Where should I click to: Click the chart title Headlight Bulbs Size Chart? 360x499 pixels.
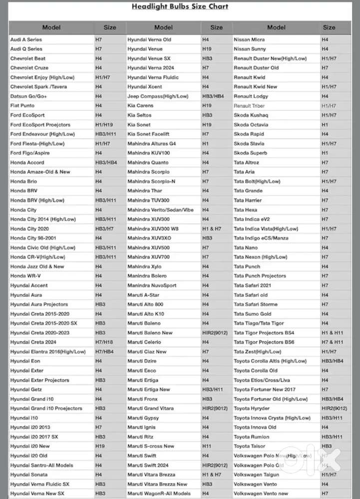pyautogui.click(x=180, y=6)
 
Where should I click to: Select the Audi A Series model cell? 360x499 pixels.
pyautogui.click(x=26, y=39)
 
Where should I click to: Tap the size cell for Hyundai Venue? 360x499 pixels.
pyautogui.click(x=207, y=49)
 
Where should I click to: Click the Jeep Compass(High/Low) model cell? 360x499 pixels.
pyautogui.click(x=158, y=96)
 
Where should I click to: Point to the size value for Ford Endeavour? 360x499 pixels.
pyautogui.click(x=106, y=134)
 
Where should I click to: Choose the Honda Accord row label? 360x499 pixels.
pyautogui.click(x=27, y=163)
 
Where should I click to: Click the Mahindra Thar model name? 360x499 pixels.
pyautogui.click(x=145, y=191)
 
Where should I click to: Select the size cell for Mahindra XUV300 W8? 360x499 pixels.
pyautogui.click(x=212, y=229)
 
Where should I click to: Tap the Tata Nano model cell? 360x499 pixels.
pyautogui.click(x=246, y=248)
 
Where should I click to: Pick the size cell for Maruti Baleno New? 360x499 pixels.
pyautogui.click(x=215, y=333)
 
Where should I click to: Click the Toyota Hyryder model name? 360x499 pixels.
pyautogui.click(x=252, y=409)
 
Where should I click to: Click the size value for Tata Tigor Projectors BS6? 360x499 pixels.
pyautogui.click(x=332, y=342)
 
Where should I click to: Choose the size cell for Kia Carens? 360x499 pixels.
pyautogui.click(x=207, y=106)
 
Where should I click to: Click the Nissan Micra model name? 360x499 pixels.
pyautogui.click(x=249, y=39)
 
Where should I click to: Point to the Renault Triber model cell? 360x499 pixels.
pyautogui.click(x=250, y=106)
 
